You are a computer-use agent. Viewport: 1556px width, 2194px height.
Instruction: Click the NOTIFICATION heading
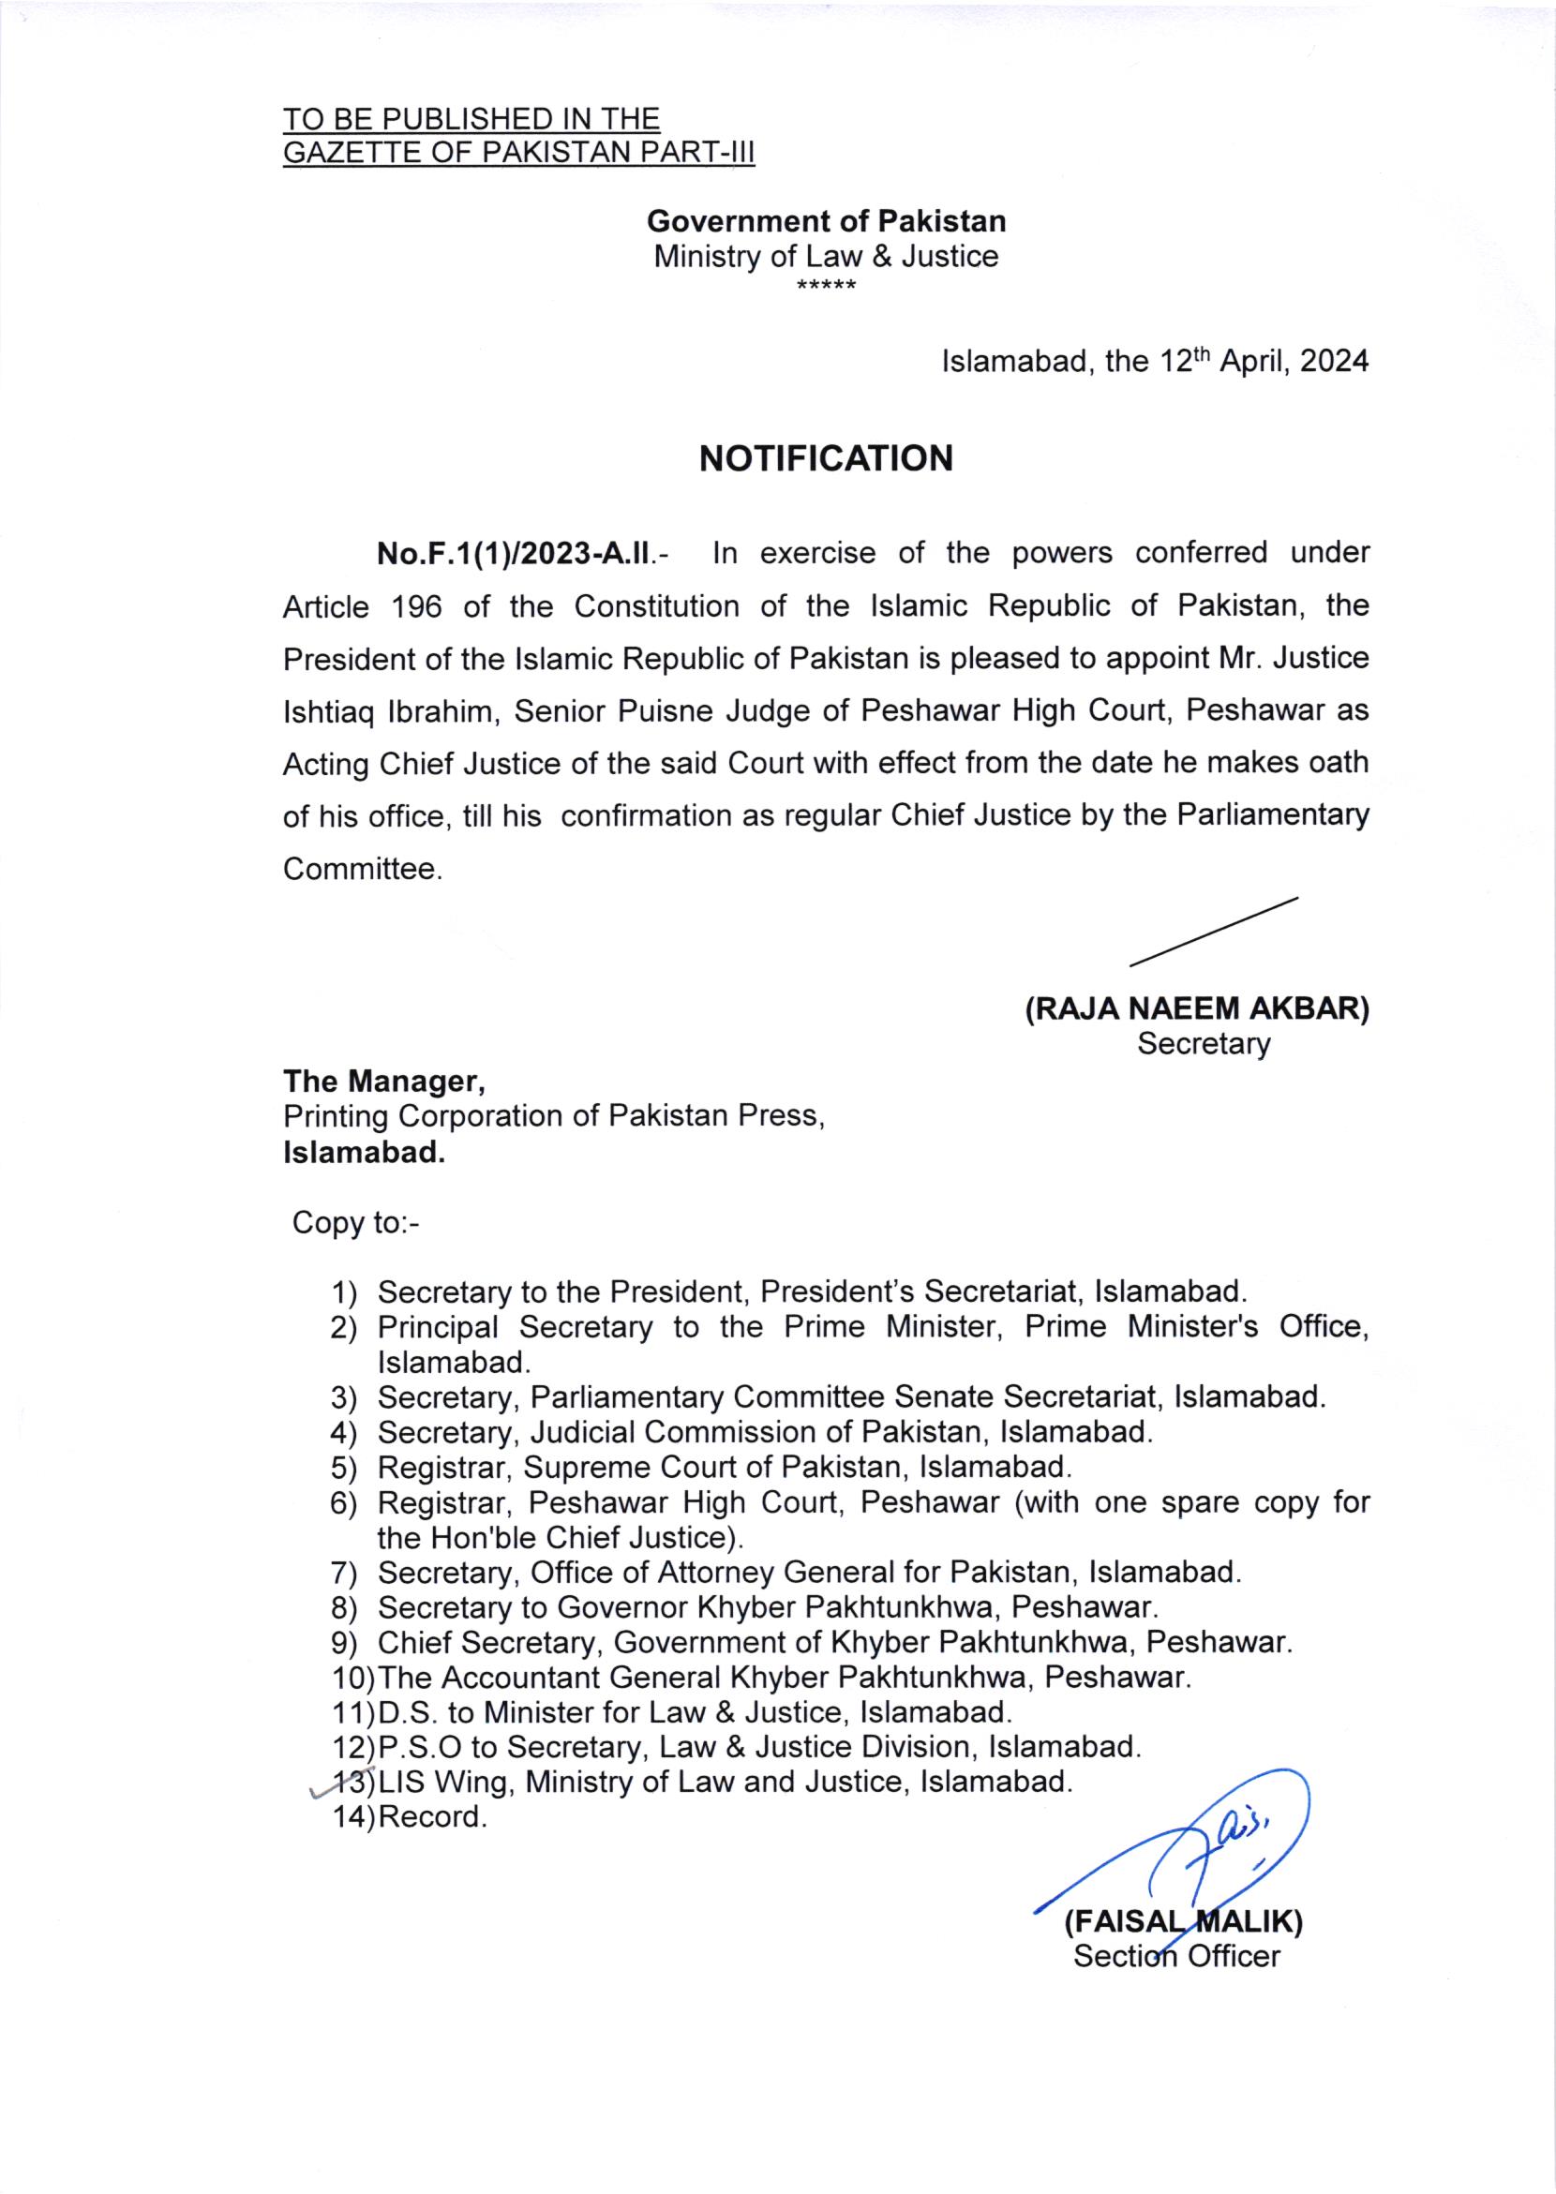pos(826,458)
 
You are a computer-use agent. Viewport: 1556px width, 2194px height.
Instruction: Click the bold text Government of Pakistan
pos(826,221)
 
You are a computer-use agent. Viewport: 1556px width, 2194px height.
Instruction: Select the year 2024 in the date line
pos(1334,361)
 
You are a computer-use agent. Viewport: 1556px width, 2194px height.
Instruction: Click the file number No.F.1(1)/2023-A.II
pos(516,554)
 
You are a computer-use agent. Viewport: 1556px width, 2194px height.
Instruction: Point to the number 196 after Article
pos(417,606)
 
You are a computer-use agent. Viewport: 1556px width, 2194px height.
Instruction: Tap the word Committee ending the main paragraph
pos(360,869)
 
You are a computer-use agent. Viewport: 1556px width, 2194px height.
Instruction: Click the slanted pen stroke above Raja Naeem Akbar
pos(1213,931)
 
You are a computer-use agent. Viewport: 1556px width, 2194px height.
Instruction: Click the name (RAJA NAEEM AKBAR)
pos(1197,1008)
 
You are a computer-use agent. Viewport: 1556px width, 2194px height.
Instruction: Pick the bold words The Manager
pos(383,1082)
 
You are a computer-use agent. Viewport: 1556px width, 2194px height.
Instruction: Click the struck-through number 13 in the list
pos(345,1783)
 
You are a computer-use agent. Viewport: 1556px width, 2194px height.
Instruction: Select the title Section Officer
pos(1176,1955)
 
